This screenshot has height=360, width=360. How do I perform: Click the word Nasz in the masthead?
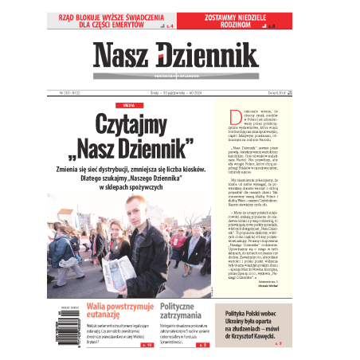point(120,56)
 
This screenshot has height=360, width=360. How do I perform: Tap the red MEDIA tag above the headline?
point(124,104)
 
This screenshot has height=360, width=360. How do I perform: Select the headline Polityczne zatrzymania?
point(186,311)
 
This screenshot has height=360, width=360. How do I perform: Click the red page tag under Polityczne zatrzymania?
point(204,346)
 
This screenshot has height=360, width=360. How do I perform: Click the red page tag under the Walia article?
point(146,346)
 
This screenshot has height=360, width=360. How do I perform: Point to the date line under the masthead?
point(175,90)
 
